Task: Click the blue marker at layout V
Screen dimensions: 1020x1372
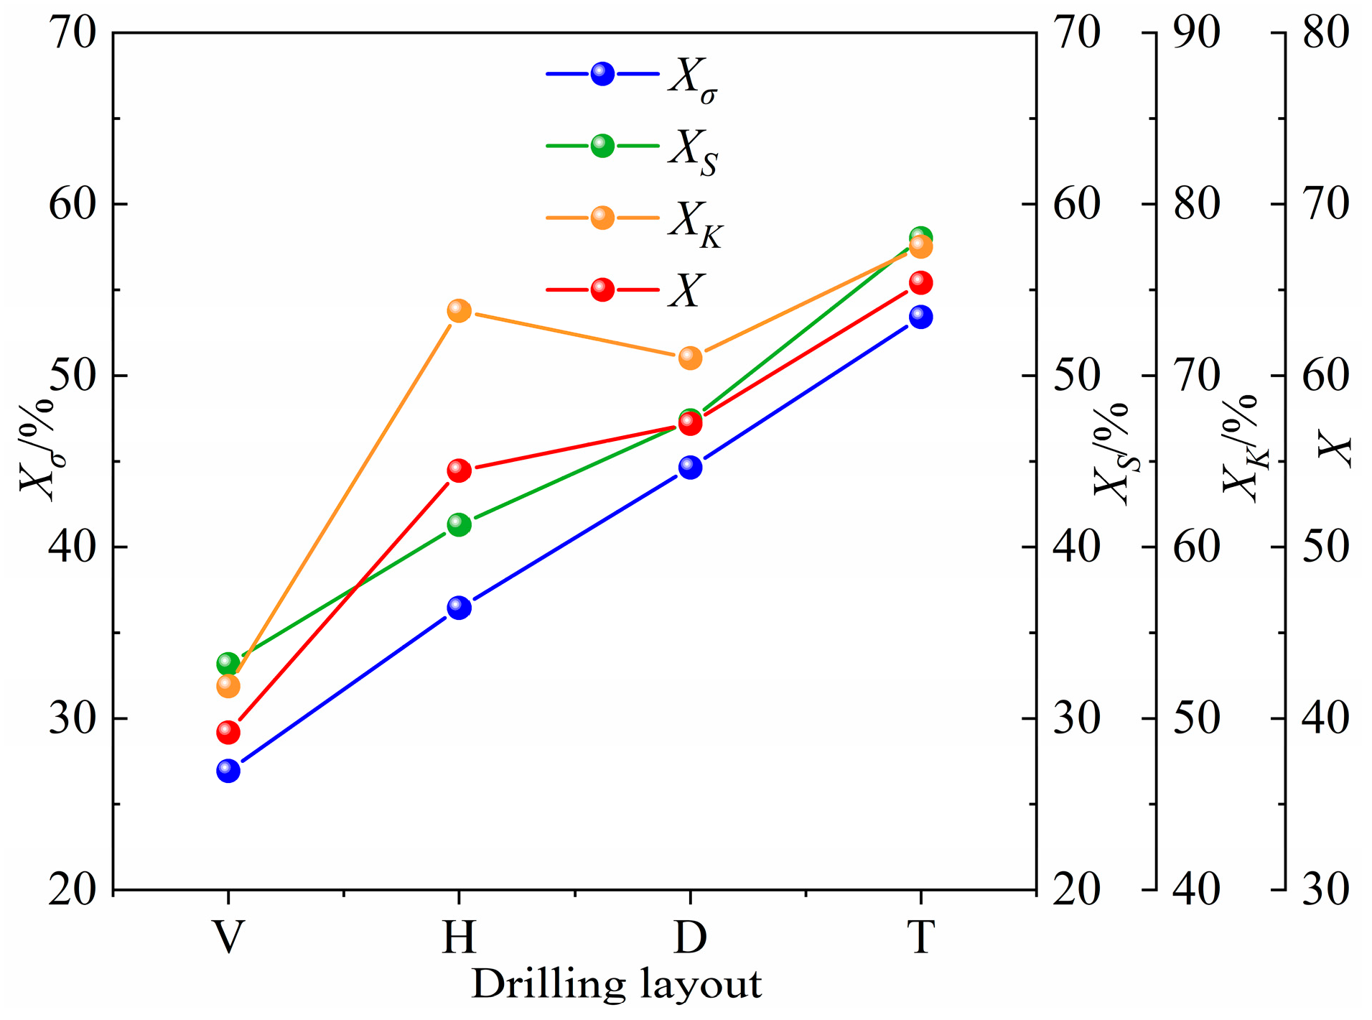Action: coord(228,771)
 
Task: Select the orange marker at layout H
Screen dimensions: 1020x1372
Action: coord(459,310)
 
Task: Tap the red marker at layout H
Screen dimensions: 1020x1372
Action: coord(459,470)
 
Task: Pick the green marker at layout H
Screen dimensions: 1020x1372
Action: coord(459,524)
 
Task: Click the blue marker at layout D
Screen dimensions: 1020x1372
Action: coord(690,467)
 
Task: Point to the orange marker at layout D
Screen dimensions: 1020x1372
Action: coord(690,357)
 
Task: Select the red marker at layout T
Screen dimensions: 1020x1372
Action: coord(920,283)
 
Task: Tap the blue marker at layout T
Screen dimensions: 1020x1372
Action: coord(920,317)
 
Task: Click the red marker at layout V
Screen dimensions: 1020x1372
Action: coord(228,732)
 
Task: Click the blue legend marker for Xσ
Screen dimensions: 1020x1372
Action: coord(602,73)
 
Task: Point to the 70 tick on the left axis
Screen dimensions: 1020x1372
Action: coord(72,33)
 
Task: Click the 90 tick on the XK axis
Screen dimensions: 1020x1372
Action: coord(1196,33)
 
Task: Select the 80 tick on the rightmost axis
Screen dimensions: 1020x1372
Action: coord(1325,33)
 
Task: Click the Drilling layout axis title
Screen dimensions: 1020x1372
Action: coord(616,985)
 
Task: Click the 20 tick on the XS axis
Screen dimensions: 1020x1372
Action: coord(1076,890)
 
